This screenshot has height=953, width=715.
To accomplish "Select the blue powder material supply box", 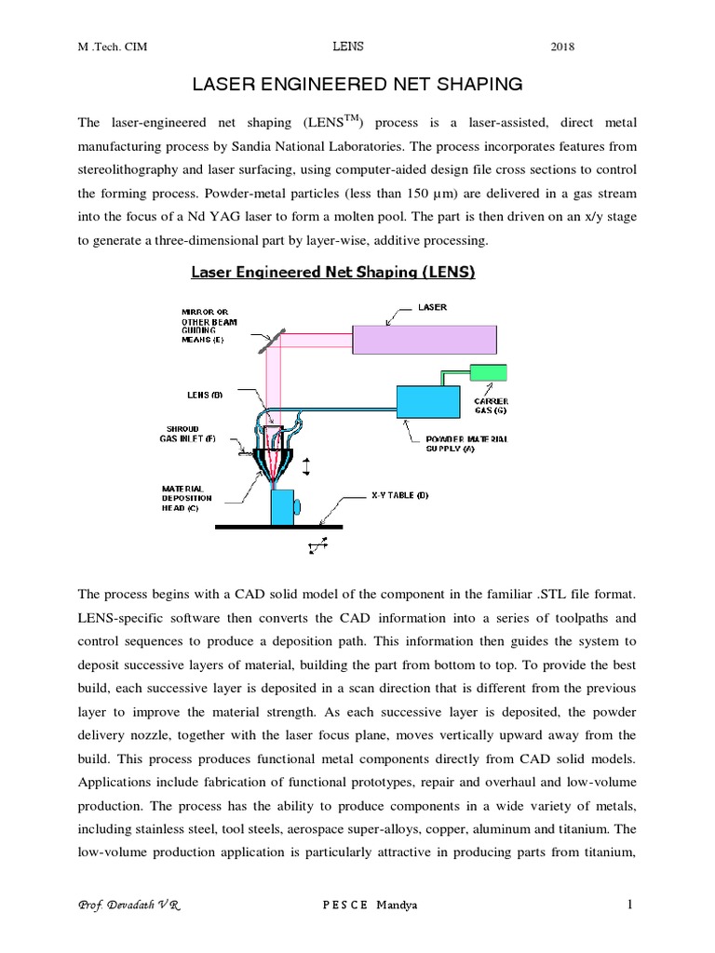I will (x=427, y=402).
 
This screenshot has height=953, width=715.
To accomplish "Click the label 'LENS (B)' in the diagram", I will (x=205, y=395).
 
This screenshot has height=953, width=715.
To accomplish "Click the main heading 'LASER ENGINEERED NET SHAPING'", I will (x=357, y=85).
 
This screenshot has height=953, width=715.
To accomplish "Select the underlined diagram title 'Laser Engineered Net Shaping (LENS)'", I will (x=333, y=273).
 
